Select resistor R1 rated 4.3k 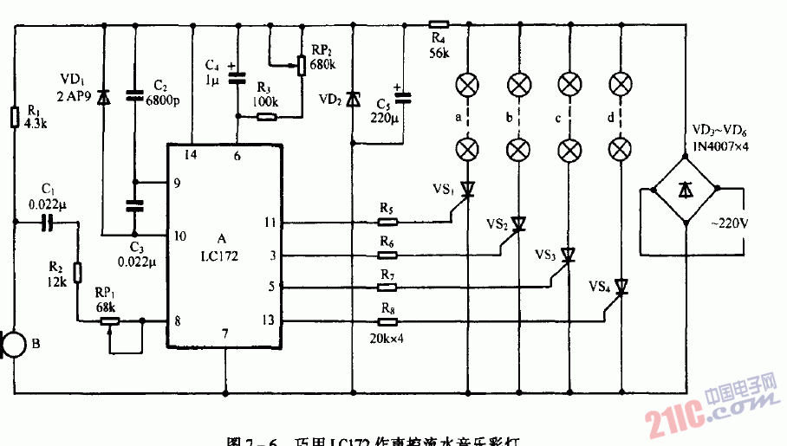(14, 117)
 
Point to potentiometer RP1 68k (111, 320)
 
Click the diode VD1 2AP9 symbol (103, 97)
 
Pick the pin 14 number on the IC (191, 156)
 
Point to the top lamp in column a (467, 85)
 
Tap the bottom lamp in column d (619, 148)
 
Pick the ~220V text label (726, 224)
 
